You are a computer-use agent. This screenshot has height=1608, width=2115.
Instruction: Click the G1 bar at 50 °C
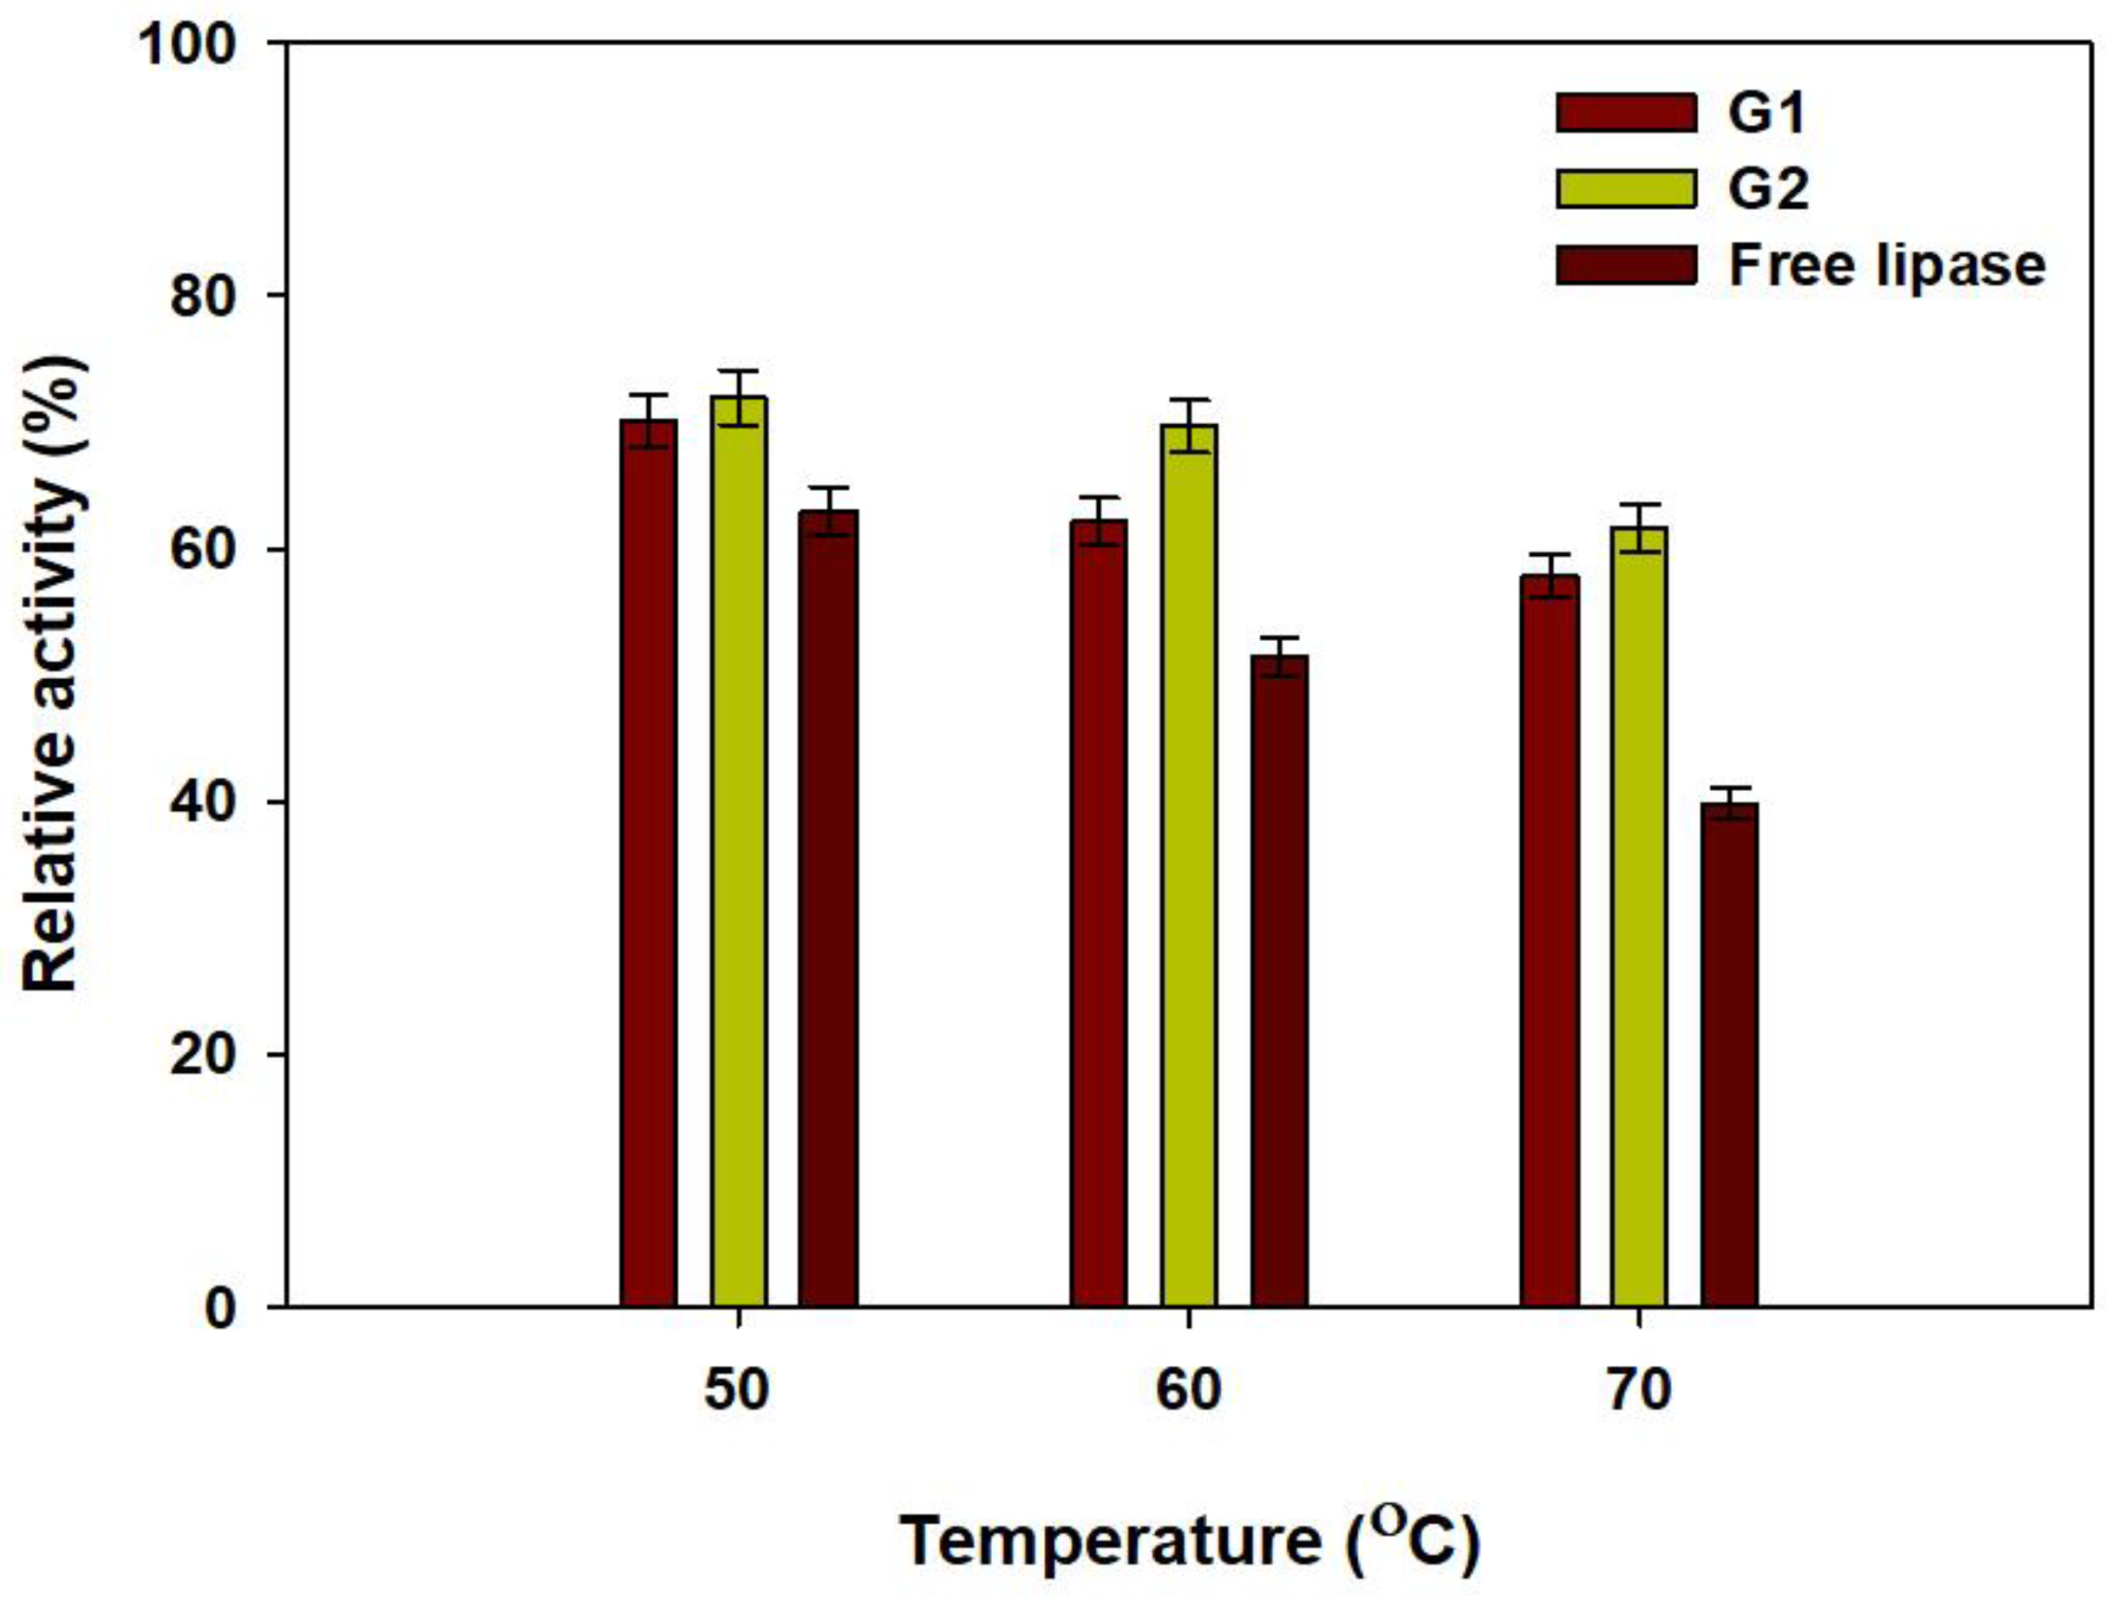648,861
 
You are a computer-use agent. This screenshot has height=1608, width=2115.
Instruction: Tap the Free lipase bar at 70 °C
1729,1054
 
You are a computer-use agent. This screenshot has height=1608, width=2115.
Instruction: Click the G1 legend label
1766,113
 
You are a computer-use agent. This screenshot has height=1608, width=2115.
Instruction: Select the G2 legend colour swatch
1625,188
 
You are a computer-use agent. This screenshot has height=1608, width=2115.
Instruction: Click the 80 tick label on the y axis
202,296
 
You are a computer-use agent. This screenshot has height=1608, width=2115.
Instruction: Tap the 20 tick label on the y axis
202,1054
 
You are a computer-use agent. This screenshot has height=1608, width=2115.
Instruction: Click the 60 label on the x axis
1189,1389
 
